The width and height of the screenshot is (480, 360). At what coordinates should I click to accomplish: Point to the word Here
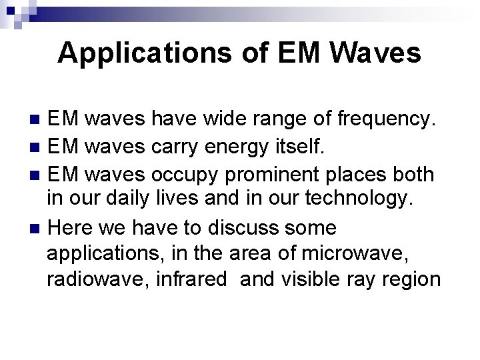pyautogui.click(x=71, y=227)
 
